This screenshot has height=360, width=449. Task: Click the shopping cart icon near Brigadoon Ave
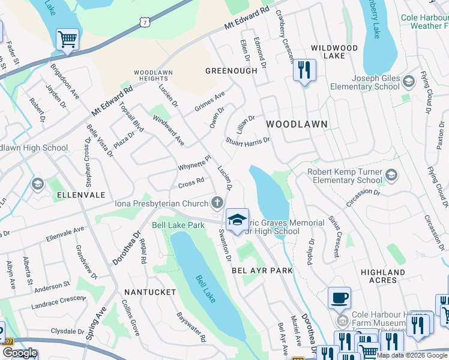67,40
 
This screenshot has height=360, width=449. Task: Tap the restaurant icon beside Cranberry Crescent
304,70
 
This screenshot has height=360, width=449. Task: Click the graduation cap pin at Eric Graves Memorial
237,219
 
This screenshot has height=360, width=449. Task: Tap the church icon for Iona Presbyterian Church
217,202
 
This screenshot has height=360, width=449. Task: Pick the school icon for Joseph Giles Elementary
409,81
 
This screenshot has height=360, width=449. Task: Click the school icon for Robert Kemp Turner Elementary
391,175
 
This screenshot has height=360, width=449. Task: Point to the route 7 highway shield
143,22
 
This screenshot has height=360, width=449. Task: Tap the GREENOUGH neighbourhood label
231,70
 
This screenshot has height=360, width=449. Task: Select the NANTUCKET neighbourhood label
150,292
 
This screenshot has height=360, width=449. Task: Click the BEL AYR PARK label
262,271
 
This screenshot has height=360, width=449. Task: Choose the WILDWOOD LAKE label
334,52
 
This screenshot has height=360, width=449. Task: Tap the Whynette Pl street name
194,163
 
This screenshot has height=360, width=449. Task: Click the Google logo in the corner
20,353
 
